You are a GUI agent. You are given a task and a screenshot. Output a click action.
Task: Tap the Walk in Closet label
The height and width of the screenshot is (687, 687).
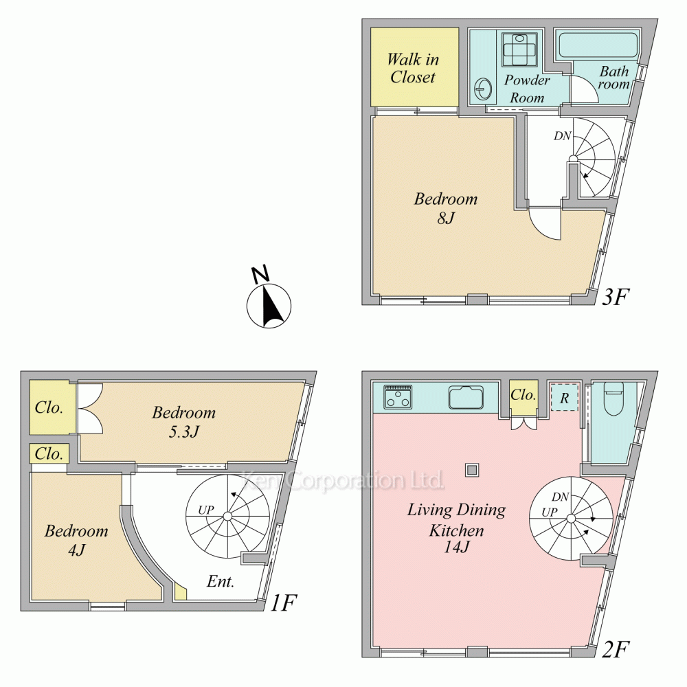pos(413,68)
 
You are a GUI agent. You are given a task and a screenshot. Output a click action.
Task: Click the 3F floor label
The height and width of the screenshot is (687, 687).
pos(616,297)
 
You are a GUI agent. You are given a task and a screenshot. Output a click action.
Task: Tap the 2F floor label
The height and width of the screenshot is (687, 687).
pos(616,648)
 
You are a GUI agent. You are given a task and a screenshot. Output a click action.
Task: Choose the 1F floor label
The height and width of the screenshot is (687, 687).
pos(282,603)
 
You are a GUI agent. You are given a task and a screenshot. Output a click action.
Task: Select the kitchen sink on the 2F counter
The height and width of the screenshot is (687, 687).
pos(466,397)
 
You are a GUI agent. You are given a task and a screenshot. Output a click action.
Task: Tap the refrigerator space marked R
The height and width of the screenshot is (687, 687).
pos(564,398)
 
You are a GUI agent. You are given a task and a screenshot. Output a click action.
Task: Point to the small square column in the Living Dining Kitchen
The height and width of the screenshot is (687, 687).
pos(471,470)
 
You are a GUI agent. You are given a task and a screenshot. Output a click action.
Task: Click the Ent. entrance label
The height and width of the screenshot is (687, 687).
pos(221,583)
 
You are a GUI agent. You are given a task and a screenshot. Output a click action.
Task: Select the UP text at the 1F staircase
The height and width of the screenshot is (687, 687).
pos(206,510)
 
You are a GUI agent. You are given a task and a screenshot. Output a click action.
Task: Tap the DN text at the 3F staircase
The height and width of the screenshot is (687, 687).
pos(562,136)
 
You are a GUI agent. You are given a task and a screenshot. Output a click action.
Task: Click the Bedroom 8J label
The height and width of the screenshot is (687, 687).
pos(445,208)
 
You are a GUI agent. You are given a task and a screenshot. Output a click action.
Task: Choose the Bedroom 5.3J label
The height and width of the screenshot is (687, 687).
pos(183,422)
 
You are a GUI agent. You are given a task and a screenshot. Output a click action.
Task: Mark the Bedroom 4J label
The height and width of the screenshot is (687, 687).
pos(76,540)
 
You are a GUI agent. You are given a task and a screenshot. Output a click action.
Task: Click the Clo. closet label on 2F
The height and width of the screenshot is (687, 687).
pos(523,395)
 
